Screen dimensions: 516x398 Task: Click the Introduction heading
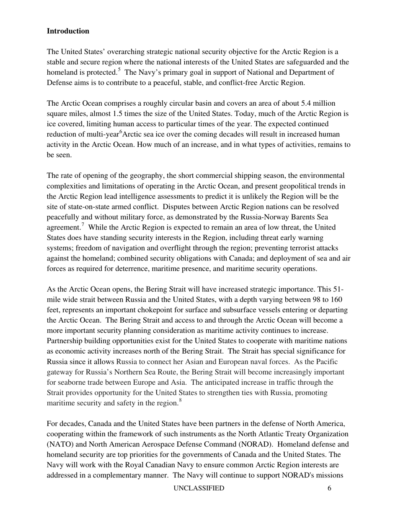68,31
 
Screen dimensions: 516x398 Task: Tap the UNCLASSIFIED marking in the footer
199,488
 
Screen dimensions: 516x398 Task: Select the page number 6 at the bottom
330,488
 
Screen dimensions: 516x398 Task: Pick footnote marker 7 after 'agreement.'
83,225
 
